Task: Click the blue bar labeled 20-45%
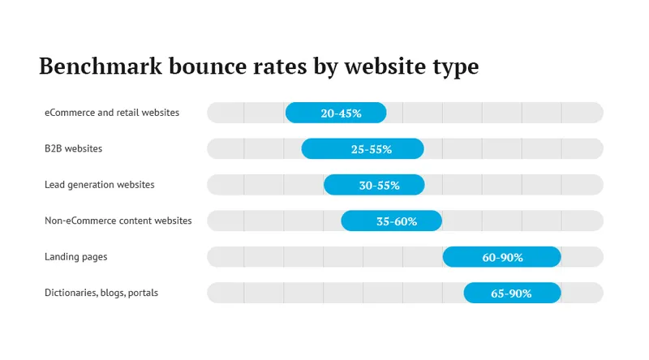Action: [336, 113]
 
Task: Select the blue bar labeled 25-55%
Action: [363, 149]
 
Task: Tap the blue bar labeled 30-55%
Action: [374, 185]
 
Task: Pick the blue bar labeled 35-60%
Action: [391, 221]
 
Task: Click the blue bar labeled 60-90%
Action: [501, 257]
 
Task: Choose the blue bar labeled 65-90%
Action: [512, 293]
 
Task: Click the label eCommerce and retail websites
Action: [112, 113]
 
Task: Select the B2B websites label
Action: [73, 149]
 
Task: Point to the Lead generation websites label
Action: [99, 185]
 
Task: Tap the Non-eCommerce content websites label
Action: [118, 221]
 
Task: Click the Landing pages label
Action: [76, 257]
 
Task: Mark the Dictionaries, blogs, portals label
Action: [101, 293]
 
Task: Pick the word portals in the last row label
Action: [143, 293]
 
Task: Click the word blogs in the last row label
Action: [112, 293]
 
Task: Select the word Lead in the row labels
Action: [55, 185]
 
